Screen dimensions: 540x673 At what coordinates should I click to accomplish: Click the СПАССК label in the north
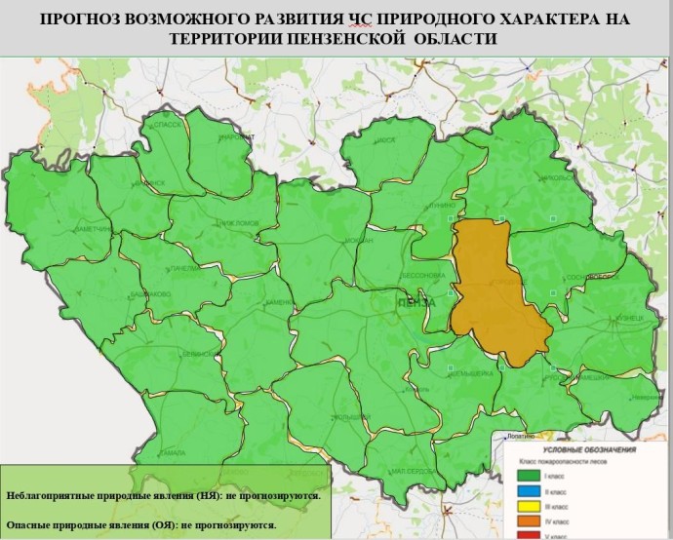pos(167,126)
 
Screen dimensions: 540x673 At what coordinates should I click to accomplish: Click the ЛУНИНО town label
pos(440,207)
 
